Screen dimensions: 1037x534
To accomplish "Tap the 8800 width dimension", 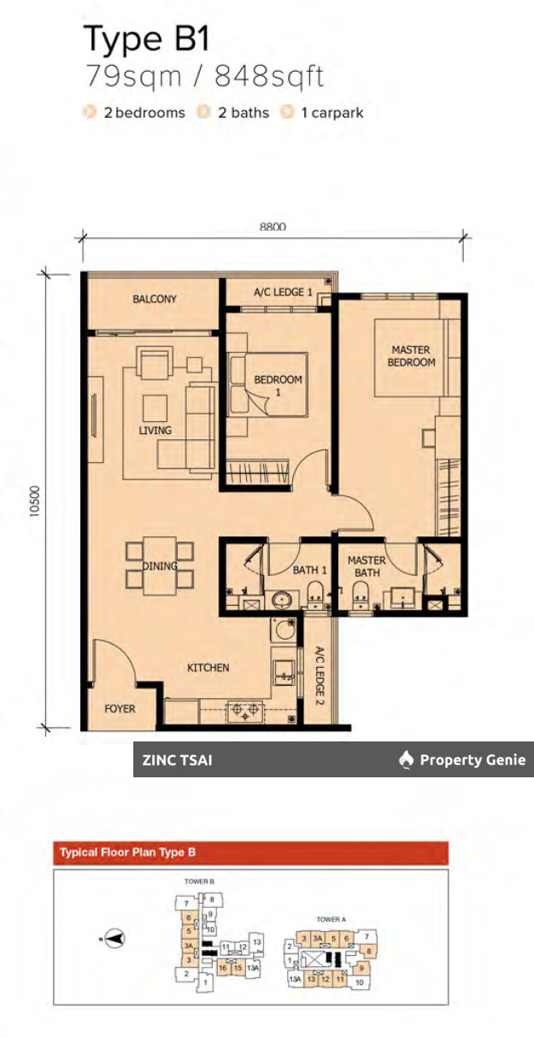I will [273, 226].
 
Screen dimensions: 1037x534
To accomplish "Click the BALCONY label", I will [155, 299].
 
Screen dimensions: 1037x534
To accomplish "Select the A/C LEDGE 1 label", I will [283, 293].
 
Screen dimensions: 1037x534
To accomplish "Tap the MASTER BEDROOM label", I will [411, 355].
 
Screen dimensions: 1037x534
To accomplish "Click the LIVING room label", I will [155, 431].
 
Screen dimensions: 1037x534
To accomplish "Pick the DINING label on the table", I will [160, 565].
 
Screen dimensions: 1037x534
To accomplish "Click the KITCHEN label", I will [208, 667].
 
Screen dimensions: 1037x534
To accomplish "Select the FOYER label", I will [120, 709].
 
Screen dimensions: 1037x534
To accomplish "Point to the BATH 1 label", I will [309, 570].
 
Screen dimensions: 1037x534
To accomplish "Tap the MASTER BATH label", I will [367, 566].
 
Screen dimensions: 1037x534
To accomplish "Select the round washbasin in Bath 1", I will [282, 600].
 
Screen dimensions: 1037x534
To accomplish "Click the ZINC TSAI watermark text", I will [177, 759].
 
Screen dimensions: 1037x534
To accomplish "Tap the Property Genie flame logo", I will [407, 759].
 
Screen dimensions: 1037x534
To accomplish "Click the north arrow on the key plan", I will [114, 938].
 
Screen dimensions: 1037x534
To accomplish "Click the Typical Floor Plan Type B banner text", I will [128, 852].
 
